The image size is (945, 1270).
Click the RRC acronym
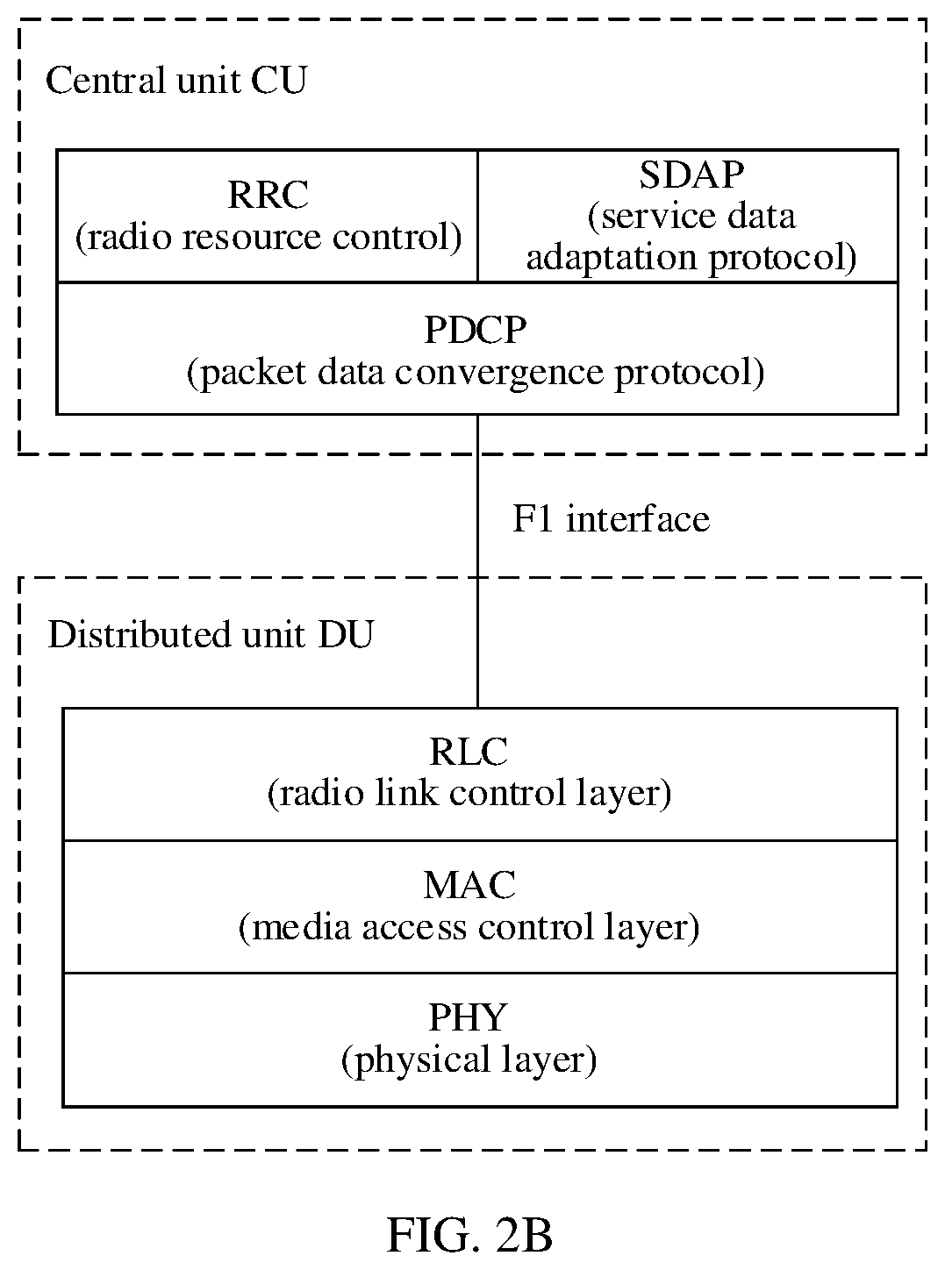[268, 196]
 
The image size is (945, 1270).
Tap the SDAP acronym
[691, 175]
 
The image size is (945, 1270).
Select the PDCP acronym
[475, 330]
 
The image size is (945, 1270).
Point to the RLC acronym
[469, 752]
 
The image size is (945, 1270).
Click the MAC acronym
[469, 885]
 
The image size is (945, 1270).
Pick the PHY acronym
[469, 1017]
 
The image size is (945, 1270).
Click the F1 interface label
[611, 518]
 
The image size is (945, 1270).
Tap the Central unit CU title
[176, 80]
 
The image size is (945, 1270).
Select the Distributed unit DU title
[211, 634]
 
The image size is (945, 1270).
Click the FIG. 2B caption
[470, 1236]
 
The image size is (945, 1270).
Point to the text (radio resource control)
[268, 237]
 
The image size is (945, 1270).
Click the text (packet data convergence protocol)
[476, 373]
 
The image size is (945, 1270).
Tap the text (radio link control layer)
[469, 794]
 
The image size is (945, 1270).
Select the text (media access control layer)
[469, 928]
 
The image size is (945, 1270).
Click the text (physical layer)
[469, 1060]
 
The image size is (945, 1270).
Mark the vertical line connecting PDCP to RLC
[478, 561]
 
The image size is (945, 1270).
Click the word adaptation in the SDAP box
[611, 258]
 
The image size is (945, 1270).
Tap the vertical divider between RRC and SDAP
[478, 217]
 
